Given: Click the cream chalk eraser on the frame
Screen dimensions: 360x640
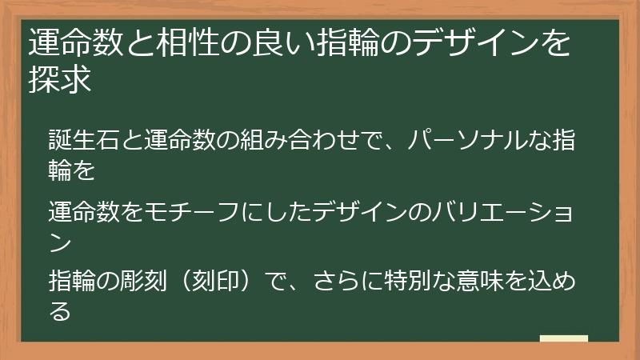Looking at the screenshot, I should point(564,340).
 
